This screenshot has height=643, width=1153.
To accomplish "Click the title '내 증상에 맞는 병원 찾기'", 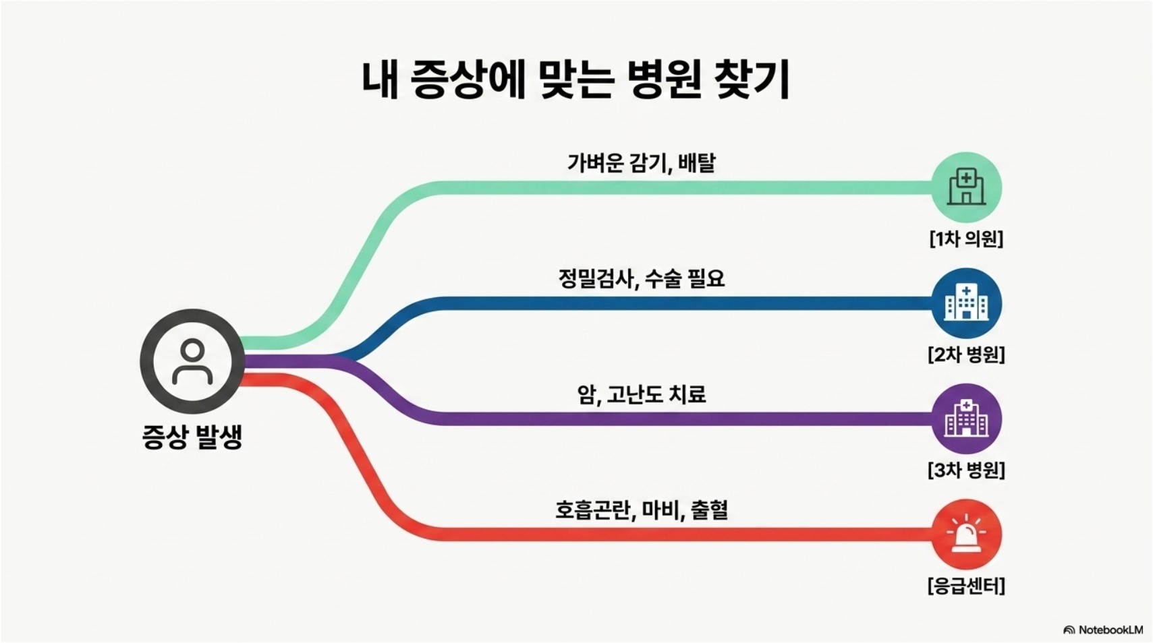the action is pos(575,81).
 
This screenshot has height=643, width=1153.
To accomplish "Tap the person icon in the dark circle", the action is pos(192,361).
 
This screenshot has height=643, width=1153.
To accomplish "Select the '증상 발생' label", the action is pos(192,436).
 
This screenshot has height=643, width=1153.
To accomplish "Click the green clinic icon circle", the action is pos(966,187).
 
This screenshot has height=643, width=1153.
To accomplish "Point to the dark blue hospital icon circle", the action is pos(966,303).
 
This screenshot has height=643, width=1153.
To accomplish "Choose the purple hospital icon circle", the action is pos(966,419).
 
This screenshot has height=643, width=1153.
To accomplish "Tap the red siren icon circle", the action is pos(966,534).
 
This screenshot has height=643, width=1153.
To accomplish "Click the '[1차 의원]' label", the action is pos(966,239).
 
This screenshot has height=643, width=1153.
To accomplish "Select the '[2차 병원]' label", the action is pos(966,355).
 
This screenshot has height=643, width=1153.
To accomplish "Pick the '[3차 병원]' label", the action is pos(966,470).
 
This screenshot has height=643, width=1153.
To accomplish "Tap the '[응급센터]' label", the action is pos(966,586).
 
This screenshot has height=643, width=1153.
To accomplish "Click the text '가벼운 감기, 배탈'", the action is pos(640,163).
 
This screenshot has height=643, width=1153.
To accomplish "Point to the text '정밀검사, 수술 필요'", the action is pos(641,278).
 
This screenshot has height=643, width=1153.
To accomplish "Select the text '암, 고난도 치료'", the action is pos(641,394).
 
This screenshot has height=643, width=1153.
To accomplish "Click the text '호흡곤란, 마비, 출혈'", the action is pos(641,510).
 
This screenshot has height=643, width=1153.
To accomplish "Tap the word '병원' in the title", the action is pos(664,81).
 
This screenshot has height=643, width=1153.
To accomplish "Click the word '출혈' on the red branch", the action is pos(709,510).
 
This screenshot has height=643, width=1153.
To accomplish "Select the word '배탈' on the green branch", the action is pos(696,163).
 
